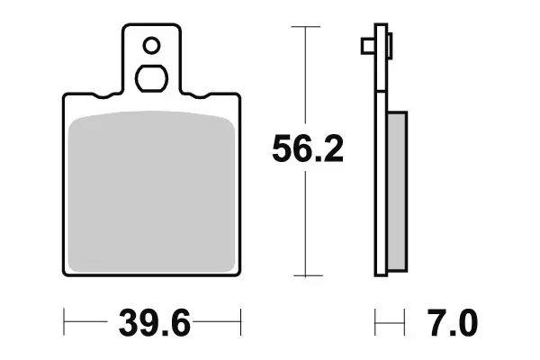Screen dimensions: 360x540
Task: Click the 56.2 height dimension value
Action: [308, 150]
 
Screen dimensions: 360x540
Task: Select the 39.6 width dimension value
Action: [154, 321]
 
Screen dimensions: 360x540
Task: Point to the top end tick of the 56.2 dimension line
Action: [308, 28]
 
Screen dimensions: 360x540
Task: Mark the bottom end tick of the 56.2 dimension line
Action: [308, 274]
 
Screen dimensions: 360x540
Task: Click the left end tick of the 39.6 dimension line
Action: [65, 319]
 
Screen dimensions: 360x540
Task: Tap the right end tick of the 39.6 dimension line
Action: [241, 319]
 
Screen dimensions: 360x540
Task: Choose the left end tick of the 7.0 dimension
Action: [376, 319]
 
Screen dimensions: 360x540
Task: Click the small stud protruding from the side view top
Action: [366, 44]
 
